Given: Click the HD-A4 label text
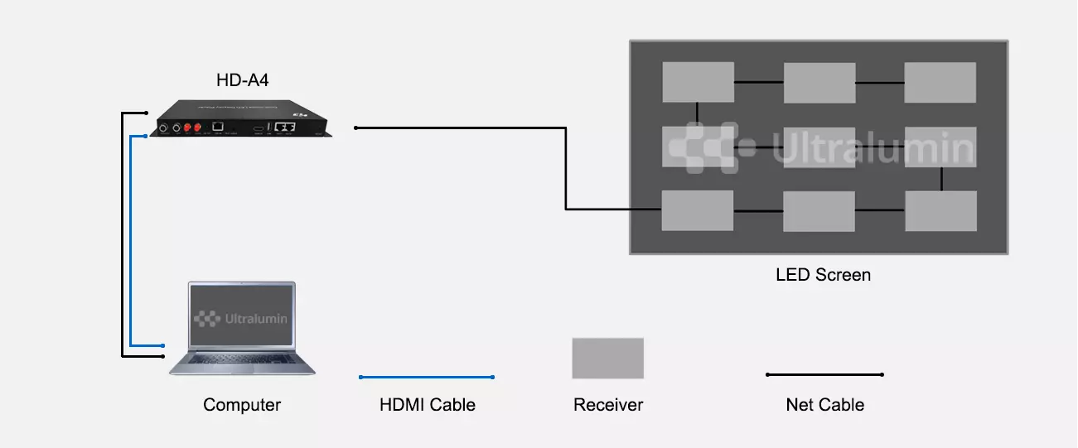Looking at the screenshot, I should click(x=242, y=81).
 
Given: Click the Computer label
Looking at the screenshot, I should click(x=242, y=405).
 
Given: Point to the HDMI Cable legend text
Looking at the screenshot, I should click(x=428, y=405).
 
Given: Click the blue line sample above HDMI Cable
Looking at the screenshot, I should click(x=427, y=378).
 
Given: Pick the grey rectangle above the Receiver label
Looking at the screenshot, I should click(x=607, y=358).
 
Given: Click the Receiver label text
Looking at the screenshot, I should click(x=608, y=405).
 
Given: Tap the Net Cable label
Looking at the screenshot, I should click(x=824, y=405).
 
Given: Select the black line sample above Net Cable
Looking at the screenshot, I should click(x=824, y=375).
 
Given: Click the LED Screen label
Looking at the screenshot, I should click(x=823, y=275).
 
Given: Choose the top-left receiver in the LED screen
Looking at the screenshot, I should click(x=698, y=82).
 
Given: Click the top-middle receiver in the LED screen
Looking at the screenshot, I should click(x=819, y=83).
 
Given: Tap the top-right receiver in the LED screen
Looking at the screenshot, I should click(x=940, y=83).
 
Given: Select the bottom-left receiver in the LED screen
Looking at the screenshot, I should click(x=698, y=210).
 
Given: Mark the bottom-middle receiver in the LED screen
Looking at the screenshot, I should click(x=819, y=211).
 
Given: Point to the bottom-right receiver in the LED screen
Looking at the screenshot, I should click(x=940, y=211).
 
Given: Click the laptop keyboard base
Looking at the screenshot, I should click(x=242, y=364).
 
